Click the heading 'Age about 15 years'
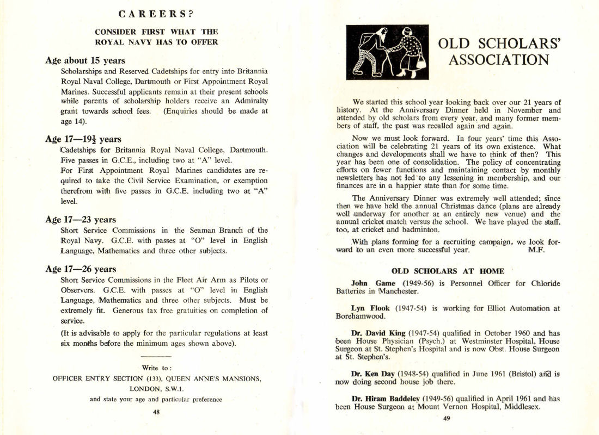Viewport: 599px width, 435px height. click(x=85, y=60)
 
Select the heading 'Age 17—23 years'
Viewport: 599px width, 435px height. click(x=81, y=220)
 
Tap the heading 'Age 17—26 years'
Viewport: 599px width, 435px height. click(x=81, y=269)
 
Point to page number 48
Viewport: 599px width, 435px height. click(x=156, y=412)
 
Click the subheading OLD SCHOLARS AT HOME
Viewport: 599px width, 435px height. click(x=448, y=271)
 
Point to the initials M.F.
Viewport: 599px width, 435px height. click(x=537, y=250)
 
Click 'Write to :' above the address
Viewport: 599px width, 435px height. click(x=156, y=368)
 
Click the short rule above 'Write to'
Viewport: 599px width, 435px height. click(x=156, y=356)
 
